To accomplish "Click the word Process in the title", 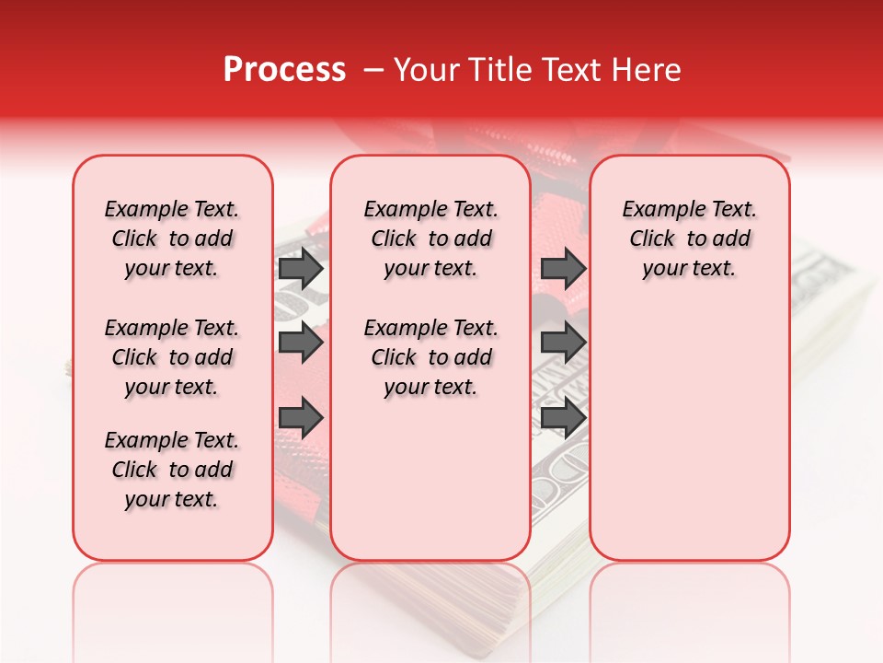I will click(284, 70).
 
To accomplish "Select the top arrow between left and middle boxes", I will click(301, 269).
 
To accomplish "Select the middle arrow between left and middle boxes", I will click(301, 343).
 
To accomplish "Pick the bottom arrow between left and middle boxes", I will click(301, 418).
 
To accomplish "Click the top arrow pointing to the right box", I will click(563, 269).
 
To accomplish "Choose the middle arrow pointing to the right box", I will click(563, 343).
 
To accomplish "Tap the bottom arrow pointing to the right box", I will click(563, 418).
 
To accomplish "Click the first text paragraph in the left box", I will click(172, 238).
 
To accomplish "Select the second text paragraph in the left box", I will click(172, 357).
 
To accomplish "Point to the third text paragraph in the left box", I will click(172, 470).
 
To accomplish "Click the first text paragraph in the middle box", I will click(430, 238).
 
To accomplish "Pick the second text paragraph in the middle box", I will click(430, 357).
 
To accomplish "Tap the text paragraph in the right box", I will click(689, 238).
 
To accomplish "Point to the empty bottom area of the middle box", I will click(430, 488).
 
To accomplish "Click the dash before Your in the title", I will click(373, 71).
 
